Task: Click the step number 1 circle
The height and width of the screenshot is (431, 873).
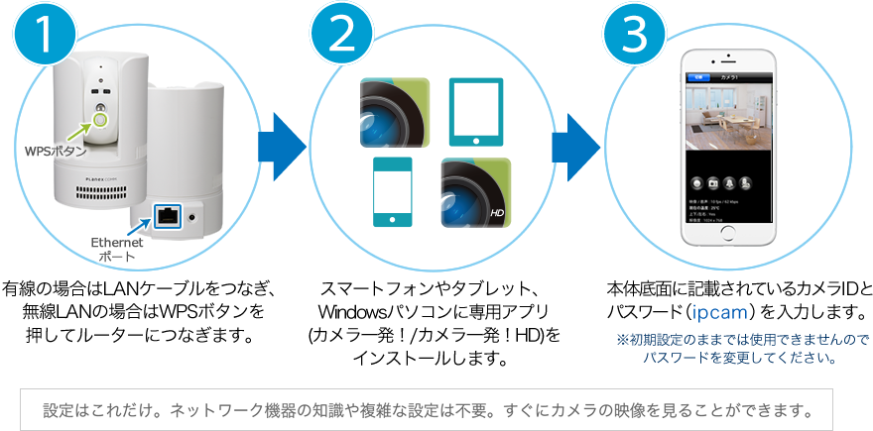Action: coord(43,36)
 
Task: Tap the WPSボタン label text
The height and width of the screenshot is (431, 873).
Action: coord(55,153)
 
